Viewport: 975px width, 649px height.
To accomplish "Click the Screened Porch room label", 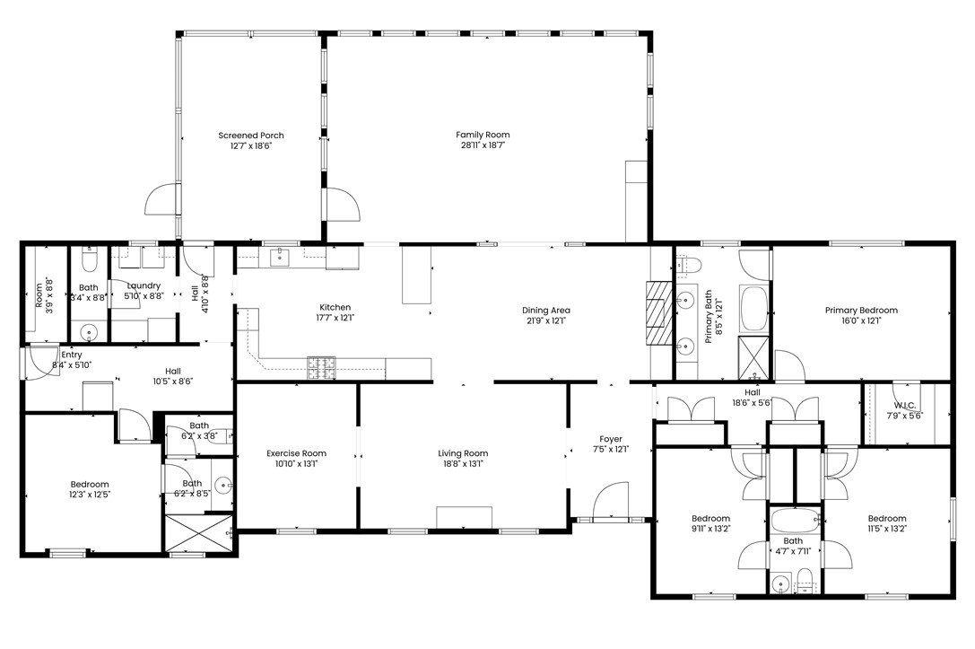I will [x=251, y=136].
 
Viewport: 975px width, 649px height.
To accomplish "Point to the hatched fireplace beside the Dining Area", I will [x=658, y=313].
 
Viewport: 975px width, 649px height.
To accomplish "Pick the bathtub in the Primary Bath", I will [x=753, y=306].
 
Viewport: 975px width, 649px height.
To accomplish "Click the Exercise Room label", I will [x=296, y=453].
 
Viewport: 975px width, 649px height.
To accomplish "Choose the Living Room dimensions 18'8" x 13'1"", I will [x=463, y=464].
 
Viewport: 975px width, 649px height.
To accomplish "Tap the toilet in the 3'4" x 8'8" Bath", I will [x=89, y=261].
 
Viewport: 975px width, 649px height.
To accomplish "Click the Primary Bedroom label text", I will [x=861, y=311].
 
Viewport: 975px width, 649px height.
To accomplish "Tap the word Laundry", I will [x=144, y=285].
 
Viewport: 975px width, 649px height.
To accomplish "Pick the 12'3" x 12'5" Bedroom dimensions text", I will [x=90, y=495].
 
